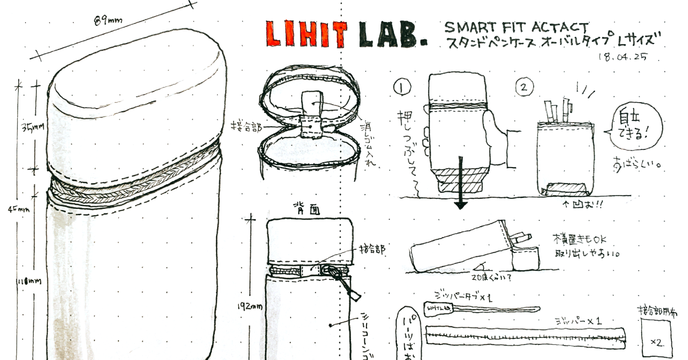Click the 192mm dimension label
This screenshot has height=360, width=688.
click(250, 306)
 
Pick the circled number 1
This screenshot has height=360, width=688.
click(402, 87)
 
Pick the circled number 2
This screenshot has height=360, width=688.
click(525, 87)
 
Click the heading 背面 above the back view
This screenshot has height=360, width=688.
click(307, 208)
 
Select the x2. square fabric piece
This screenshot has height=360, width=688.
click(657, 337)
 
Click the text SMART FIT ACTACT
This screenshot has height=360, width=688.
click(516, 27)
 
